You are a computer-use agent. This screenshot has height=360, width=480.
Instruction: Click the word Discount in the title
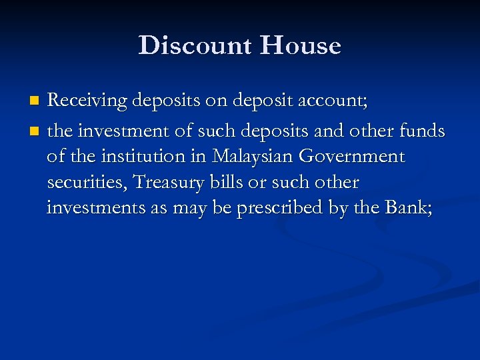195,46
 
